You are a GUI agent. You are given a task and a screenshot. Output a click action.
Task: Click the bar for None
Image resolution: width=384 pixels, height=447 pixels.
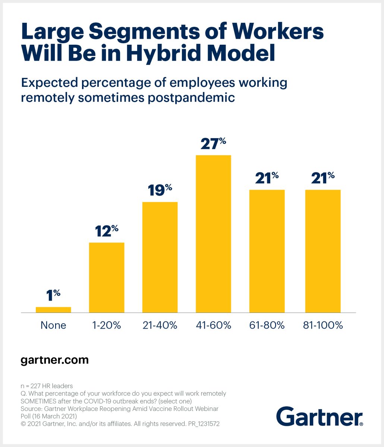tap(53, 310)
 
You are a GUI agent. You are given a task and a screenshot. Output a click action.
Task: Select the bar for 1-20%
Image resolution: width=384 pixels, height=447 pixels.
tap(107, 278)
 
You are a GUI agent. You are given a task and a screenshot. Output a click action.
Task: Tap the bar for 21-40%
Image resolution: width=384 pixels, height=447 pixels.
tap(160, 257)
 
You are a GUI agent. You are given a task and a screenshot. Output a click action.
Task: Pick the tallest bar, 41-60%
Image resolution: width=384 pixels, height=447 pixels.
tap(213, 234)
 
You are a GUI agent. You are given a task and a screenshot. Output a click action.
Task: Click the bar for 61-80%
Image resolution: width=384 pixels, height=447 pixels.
tap(267, 251)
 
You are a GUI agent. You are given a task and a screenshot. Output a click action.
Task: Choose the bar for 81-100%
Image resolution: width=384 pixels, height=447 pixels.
tap(323, 251)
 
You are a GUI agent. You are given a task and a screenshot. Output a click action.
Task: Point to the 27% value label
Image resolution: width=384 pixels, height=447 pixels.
tap(213, 143)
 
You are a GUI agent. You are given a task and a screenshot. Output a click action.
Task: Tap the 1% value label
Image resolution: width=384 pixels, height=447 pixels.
tap(53, 295)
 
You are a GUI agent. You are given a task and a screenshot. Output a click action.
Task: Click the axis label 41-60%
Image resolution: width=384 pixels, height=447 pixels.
tap(213, 325)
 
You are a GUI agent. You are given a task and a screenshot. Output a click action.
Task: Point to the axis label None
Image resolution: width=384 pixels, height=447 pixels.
tap(53, 325)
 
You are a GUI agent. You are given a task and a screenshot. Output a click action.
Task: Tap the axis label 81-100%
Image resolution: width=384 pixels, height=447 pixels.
tap(323, 325)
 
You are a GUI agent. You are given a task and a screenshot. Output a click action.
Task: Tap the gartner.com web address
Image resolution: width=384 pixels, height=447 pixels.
tap(54, 360)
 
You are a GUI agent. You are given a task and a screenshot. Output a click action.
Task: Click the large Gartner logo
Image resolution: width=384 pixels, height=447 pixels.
tap(320, 416)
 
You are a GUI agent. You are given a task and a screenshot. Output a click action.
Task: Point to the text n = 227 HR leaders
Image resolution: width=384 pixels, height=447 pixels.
tap(47, 386)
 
